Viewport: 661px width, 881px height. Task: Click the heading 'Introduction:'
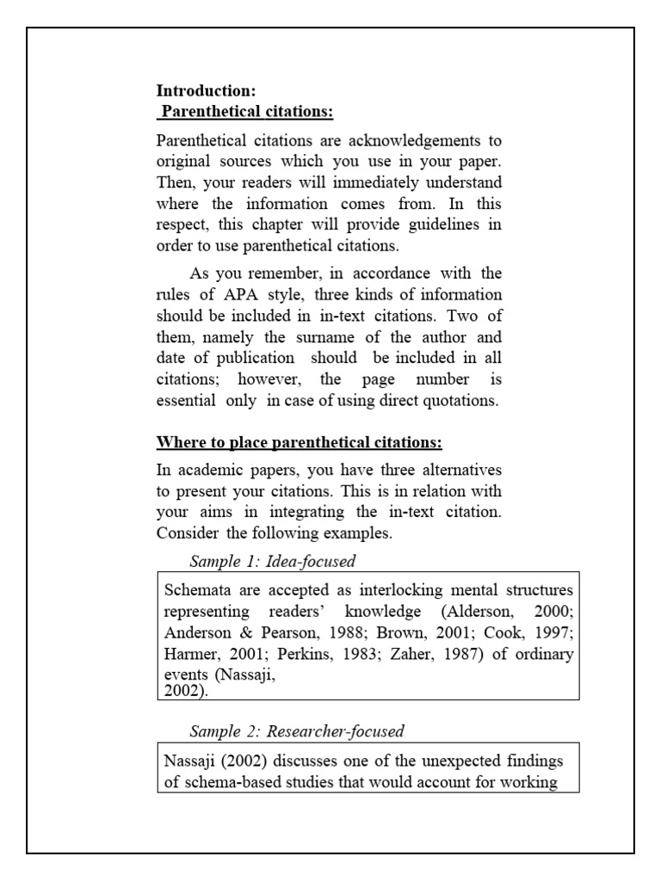click(206, 90)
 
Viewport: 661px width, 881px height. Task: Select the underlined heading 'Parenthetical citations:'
click(248, 112)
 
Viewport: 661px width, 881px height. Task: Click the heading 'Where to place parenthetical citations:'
click(299, 443)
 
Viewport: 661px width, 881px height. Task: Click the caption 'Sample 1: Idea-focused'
click(272, 561)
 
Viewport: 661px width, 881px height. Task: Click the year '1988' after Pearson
click(330, 633)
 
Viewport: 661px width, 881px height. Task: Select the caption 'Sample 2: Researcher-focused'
click(296, 731)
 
